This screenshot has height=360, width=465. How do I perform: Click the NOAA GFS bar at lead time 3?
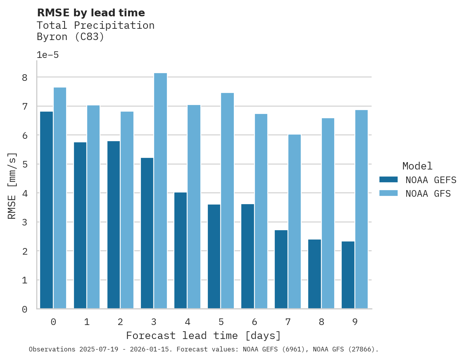pyautogui.click(x=160, y=190)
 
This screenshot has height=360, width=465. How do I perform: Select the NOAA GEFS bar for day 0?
pyautogui.click(x=47, y=210)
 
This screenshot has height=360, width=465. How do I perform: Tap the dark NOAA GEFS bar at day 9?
pyautogui.click(x=348, y=275)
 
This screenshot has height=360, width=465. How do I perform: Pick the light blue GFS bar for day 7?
pyautogui.click(x=294, y=222)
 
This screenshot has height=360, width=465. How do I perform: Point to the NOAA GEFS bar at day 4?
pyautogui.click(x=181, y=250)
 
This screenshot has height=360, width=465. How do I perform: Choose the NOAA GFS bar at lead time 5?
pyautogui.click(x=227, y=201)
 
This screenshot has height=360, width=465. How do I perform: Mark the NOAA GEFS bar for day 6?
pyautogui.click(x=247, y=256)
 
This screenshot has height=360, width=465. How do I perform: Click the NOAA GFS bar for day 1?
pyautogui.click(x=93, y=207)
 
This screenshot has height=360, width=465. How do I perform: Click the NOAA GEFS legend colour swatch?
pyautogui.click(x=388, y=180)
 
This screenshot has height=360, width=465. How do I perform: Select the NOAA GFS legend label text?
pyautogui.click(x=428, y=194)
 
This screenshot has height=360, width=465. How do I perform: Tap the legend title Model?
pyautogui.click(x=417, y=166)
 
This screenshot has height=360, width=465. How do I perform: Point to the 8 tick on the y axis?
pyautogui.click(x=25, y=77)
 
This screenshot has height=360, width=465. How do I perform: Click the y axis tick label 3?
pyautogui.click(x=25, y=222)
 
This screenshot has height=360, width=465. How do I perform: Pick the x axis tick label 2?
pyautogui.click(x=120, y=322)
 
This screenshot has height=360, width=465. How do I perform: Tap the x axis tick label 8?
pyautogui.click(x=321, y=322)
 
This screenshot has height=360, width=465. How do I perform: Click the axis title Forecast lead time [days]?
pyautogui.click(x=204, y=336)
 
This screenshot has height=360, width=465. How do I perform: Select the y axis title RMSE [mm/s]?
pyautogui.click(x=12, y=185)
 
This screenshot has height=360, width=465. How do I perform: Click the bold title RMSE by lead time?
pyautogui.click(x=91, y=13)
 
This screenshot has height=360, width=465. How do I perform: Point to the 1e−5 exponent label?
pyautogui.click(x=47, y=55)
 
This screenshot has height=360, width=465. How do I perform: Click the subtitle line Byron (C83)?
pyautogui.click(x=70, y=37)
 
